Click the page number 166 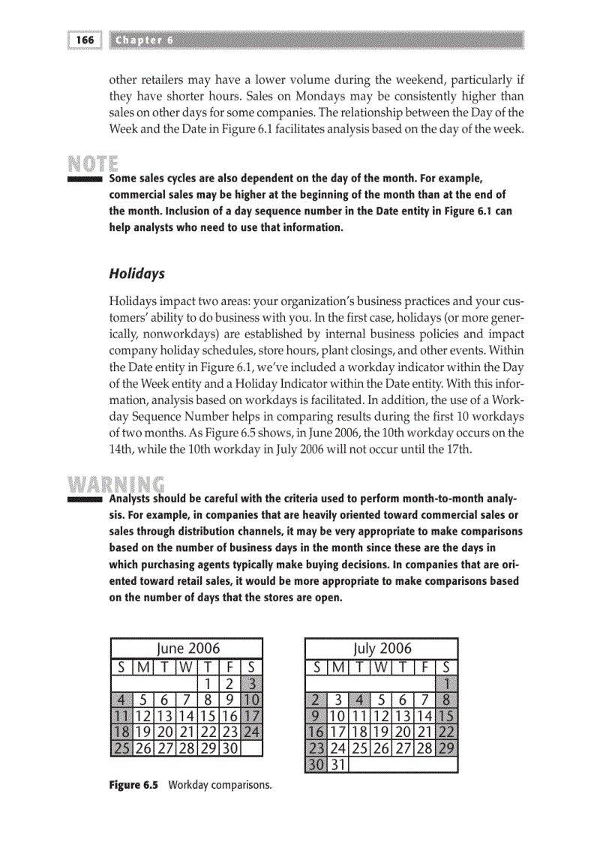(85, 40)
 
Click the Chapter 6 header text (145, 40)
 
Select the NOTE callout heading (93, 163)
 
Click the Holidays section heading (137, 274)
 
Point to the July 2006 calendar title (382, 648)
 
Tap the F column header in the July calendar (425, 666)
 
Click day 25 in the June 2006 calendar (121, 748)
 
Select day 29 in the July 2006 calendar (447, 748)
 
